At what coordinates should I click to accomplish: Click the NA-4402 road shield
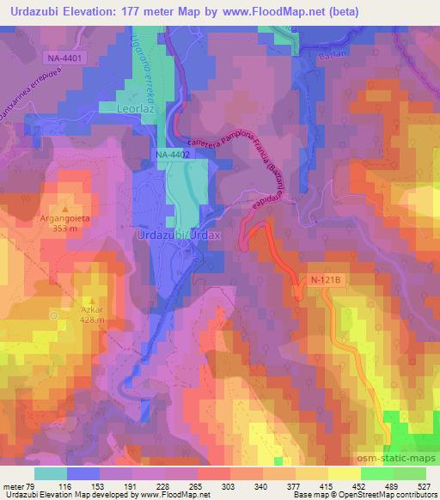point(172,154)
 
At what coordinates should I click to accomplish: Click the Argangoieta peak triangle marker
point(65,209)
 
